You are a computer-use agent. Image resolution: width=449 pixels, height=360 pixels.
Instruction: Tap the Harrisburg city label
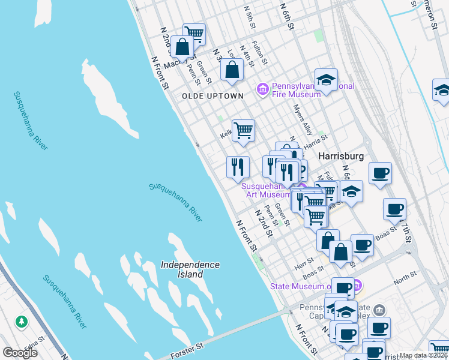click(x=341, y=155)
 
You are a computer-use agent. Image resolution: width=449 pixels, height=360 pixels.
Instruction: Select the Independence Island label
click(x=190, y=269)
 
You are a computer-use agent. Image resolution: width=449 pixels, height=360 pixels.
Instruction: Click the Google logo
click(x=20, y=353)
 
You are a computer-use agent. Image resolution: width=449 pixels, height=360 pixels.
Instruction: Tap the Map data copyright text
click(x=424, y=355)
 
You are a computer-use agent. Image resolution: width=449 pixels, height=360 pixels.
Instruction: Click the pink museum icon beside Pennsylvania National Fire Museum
click(x=262, y=90)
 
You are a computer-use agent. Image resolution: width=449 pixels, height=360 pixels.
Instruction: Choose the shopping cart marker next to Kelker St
click(x=243, y=130)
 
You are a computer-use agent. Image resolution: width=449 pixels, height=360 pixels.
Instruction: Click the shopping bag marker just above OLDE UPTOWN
click(x=232, y=70)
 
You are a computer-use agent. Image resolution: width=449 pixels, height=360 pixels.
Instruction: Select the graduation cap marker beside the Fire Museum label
click(x=326, y=80)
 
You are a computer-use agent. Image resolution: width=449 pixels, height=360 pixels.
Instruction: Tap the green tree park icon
click(x=22, y=322)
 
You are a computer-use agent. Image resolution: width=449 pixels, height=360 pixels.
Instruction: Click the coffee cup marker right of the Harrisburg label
click(x=380, y=173)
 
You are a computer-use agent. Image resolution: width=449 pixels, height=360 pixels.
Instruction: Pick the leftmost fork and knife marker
click(x=238, y=167)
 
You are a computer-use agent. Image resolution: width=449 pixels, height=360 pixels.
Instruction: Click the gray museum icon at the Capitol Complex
click(x=379, y=310)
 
